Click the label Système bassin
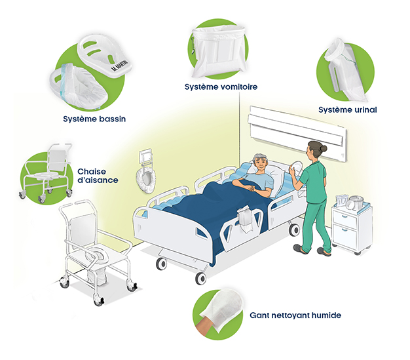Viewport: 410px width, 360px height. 94,119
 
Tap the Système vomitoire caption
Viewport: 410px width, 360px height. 221,87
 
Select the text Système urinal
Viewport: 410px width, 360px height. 348,110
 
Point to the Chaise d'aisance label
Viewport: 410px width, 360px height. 98,176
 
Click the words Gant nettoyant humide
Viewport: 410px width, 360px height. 295,315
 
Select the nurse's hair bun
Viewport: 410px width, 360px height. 324,148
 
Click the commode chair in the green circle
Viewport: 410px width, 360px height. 47,173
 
